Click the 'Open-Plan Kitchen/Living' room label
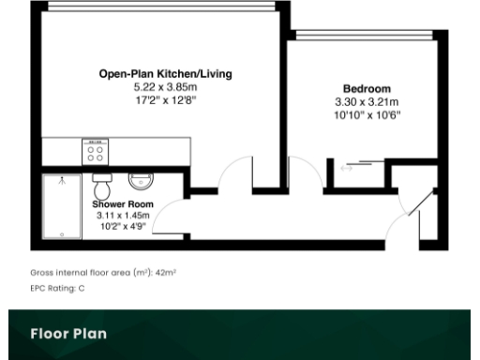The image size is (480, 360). click(x=166, y=73)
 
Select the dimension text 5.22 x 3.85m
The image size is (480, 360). click(x=166, y=85)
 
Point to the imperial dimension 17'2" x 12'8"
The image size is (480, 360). click(x=166, y=97)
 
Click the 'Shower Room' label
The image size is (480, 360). click(x=122, y=203)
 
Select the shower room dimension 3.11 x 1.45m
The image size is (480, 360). click(x=123, y=215)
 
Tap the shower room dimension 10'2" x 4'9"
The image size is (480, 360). click(x=123, y=226)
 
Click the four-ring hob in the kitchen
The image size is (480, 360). click(x=96, y=151)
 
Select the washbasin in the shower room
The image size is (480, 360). click(x=142, y=178)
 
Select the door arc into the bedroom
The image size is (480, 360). click(x=305, y=173)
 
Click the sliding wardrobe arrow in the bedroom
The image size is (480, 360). click(x=346, y=169)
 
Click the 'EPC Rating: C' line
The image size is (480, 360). click(x=57, y=288)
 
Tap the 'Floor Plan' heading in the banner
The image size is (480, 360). click(x=67, y=333)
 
